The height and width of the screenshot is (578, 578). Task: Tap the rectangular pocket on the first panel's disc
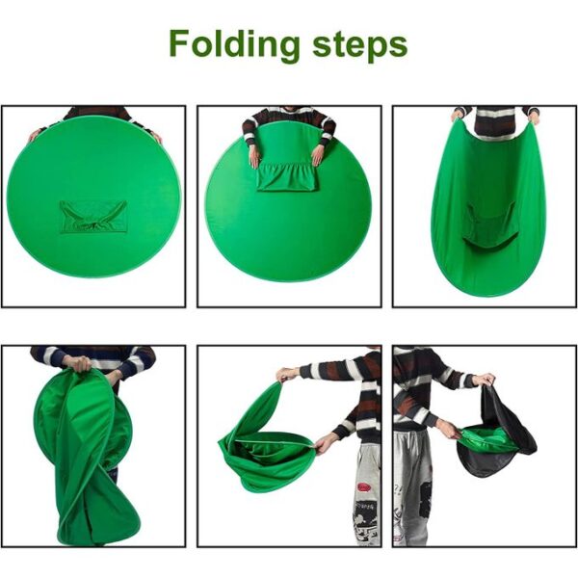93,217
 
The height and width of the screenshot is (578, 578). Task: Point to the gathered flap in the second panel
287,176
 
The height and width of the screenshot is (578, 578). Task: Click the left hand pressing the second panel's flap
254,158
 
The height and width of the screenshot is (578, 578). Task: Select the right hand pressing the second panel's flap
316,156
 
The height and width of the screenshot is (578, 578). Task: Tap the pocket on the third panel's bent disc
489,225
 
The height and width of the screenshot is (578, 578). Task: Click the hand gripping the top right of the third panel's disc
534,118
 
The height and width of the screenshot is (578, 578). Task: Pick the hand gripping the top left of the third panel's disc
457,115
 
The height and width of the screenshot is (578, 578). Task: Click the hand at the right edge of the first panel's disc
156,137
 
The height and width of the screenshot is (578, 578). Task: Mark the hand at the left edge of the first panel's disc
36,134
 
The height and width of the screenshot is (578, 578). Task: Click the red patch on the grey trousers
364,487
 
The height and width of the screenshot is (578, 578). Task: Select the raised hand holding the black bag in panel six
485,380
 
